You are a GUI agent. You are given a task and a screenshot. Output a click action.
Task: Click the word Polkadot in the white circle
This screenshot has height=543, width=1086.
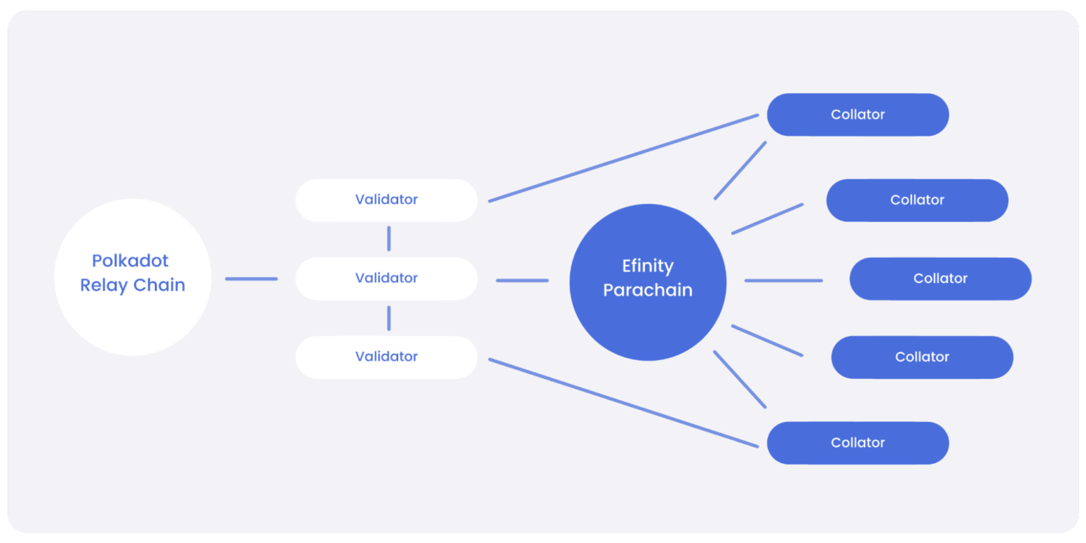(130, 261)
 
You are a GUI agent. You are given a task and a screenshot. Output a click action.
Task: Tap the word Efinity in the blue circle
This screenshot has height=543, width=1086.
(648, 266)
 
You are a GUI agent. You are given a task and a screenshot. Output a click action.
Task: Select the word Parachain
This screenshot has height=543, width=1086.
(648, 290)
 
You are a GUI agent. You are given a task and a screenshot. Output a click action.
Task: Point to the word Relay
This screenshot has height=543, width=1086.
(103, 286)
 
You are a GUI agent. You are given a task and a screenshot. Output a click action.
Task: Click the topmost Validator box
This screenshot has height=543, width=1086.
(386, 200)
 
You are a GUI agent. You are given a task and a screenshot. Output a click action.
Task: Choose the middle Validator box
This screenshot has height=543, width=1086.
(386, 279)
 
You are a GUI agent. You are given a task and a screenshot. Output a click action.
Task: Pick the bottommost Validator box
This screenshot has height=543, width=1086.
(386, 357)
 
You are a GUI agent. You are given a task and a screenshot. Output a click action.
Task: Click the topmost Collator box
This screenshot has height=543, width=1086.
(858, 115)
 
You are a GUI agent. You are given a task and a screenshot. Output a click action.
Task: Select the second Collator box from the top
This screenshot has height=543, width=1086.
(917, 200)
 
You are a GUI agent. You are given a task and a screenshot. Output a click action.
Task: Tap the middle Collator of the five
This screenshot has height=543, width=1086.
(940, 279)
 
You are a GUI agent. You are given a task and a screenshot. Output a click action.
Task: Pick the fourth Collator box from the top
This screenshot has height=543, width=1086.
(922, 357)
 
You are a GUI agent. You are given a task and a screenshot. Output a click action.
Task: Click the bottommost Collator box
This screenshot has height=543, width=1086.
(858, 443)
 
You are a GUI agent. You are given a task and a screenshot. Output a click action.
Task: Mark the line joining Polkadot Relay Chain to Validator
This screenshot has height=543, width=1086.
(251, 279)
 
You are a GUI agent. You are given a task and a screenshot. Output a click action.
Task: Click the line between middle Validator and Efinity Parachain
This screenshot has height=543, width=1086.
(522, 281)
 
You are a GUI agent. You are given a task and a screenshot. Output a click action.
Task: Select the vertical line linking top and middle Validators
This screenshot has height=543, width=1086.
(389, 239)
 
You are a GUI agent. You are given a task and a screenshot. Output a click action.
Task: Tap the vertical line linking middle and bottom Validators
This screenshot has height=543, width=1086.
(389, 318)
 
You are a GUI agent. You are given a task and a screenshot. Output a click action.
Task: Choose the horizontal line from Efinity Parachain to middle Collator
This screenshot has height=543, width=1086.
(783, 281)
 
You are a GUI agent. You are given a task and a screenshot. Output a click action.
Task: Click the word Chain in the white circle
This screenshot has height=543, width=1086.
(160, 286)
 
